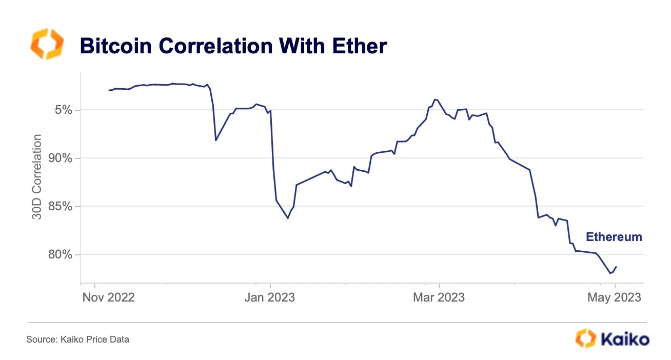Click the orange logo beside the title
coord(47,44)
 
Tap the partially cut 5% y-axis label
coord(64,110)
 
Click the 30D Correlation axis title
coord(37,177)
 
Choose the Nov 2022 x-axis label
coord(108,297)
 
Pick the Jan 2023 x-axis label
coord(270,297)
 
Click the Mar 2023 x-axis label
coord(439,297)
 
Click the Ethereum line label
coord(614,237)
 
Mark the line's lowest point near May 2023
coord(610,273)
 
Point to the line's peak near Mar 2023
coord(435,99)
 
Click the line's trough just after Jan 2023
coord(288,218)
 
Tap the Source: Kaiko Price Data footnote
coord(78,339)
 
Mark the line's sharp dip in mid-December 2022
coord(216,140)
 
